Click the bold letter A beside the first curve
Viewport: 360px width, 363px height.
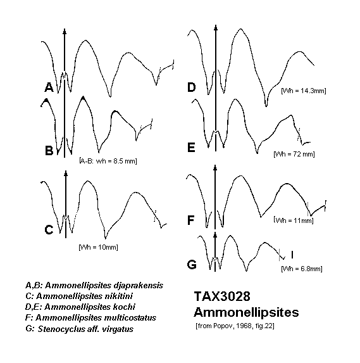49,87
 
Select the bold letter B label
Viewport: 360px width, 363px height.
49,150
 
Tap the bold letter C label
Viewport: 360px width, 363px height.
49,230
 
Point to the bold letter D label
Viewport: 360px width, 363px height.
192,87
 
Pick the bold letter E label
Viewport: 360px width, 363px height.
191,148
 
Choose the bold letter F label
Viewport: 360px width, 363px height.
190,220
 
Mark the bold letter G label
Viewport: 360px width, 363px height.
192,265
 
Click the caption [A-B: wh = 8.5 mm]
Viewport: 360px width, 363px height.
108,161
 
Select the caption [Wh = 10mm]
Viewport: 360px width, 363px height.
98,247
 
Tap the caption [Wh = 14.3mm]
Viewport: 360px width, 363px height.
303,91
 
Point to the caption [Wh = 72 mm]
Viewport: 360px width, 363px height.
294,154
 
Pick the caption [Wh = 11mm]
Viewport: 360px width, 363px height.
294,220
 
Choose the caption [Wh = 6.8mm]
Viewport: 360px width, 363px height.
302,269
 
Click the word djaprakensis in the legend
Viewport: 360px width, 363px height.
139,286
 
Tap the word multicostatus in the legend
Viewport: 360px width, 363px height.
130,317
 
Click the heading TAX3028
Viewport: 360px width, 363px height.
222,296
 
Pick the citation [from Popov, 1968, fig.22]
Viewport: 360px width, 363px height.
235,326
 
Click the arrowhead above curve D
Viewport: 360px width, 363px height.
216,27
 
